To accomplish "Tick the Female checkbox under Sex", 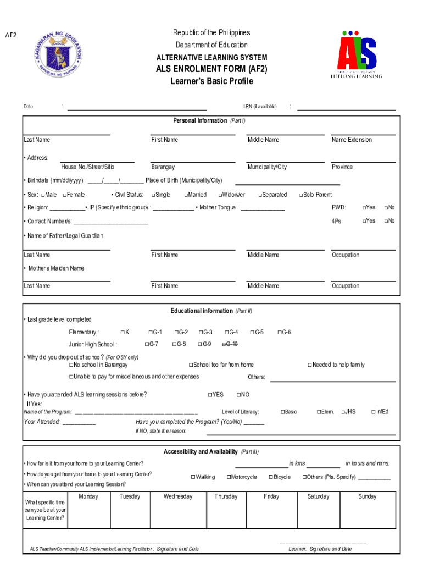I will pyautogui.click(x=65, y=195).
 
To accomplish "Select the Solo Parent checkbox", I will pyautogui.click(x=301, y=195).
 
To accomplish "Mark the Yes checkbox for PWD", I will pyautogui.click(x=364, y=207).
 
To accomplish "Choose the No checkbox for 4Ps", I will pyautogui.click(x=386, y=221).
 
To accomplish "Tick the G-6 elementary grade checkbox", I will pyautogui.click(x=280, y=332).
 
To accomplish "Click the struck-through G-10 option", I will pyautogui.click(x=229, y=344).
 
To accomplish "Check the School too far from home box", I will pyautogui.click(x=191, y=365).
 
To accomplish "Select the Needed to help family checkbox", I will pyautogui.click(x=310, y=365).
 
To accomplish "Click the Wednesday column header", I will pyautogui.click(x=178, y=496).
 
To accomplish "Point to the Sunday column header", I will pyautogui.click(x=367, y=496).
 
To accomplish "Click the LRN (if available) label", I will pyautogui.click(x=260, y=107).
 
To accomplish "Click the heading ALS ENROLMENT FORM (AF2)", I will pyautogui.click(x=211, y=69).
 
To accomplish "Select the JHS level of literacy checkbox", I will pyautogui.click(x=343, y=412).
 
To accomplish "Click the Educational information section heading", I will pyautogui.click(x=201, y=311).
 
